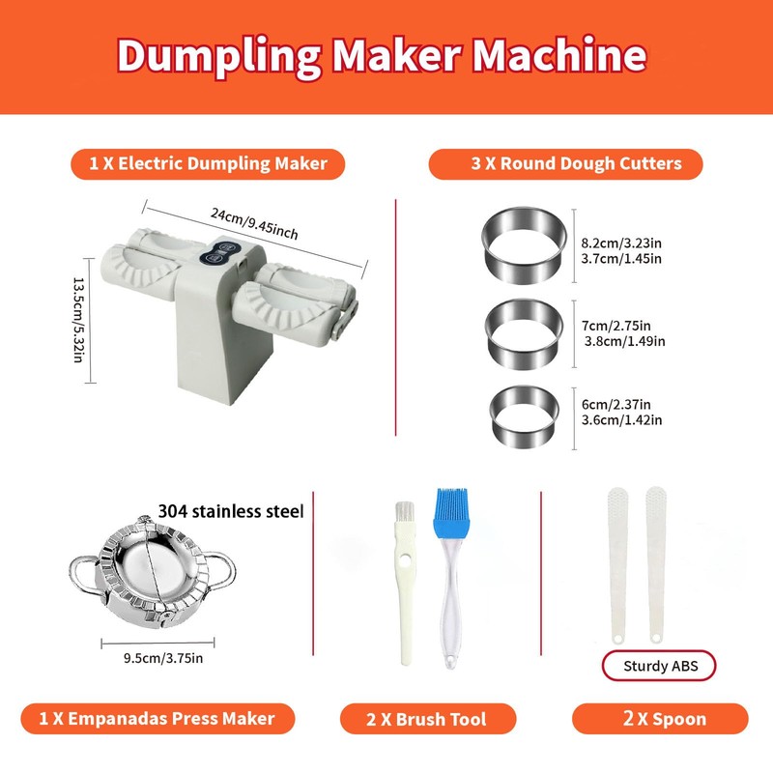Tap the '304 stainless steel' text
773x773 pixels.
(230, 510)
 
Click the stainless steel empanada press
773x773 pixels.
(152, 573)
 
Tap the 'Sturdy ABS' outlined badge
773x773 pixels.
(662, 665)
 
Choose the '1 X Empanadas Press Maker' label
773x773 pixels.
(157, 718)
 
